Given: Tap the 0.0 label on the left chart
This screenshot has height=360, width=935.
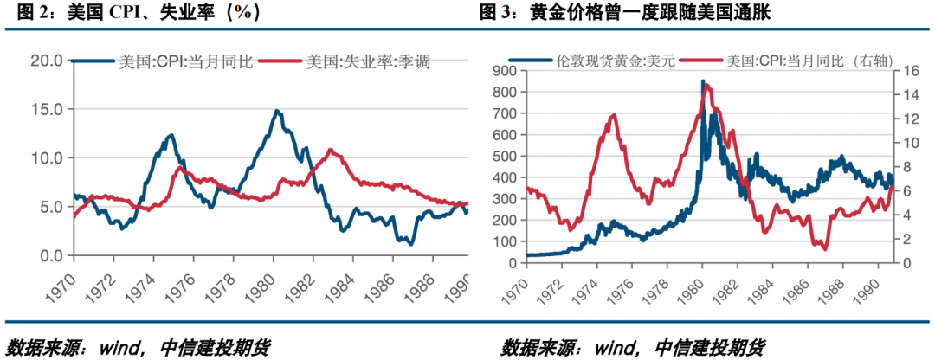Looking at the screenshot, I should pyautogui.click(x=50, y=256).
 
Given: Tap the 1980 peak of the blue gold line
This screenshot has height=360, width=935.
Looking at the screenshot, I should pyautogui.click(x=703, y=81).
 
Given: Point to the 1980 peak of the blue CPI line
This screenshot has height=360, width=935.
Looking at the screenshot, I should pyautogui.click(x=276, y=111).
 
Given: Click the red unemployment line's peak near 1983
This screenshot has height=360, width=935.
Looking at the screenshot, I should pyautogui.click(x=332, y=150).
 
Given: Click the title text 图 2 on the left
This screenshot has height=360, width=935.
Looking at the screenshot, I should pyautogui.click(x=23, y=13).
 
